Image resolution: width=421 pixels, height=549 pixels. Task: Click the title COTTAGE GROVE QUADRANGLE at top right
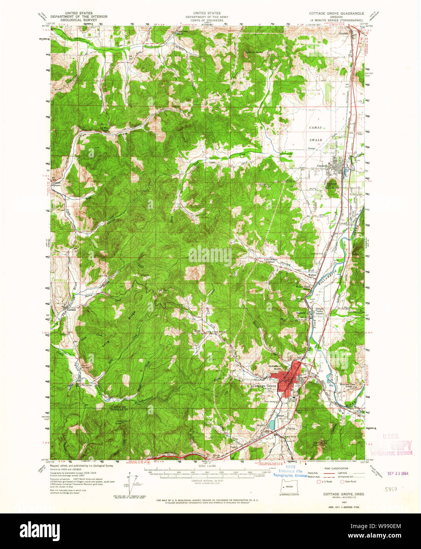tap(336, 13)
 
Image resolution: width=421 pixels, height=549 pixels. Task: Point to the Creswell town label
tap(323, 166)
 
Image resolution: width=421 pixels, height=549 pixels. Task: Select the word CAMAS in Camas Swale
tap(315, 128)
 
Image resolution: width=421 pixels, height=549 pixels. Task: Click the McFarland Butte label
tap(275, 367)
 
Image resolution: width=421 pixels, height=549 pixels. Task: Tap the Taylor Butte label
tap(325, 443)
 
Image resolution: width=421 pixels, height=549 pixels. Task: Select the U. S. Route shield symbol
tap(319, 481)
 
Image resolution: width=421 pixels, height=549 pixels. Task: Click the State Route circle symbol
tap(342, 481)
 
